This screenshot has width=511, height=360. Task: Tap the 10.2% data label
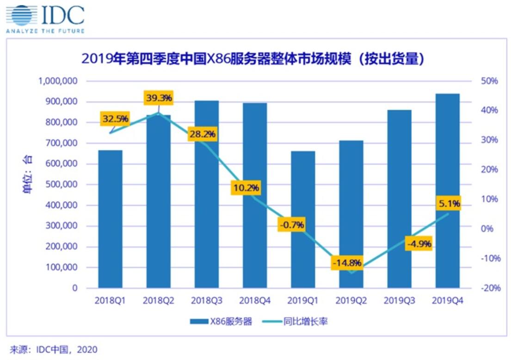[x=246, y=188]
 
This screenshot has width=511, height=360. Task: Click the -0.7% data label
[x=291, y=225]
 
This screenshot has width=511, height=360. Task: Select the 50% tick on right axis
[x=487, y=81]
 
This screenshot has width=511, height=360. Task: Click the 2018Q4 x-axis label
[x=255, y=301]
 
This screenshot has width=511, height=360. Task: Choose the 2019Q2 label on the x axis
[x=351, y=301]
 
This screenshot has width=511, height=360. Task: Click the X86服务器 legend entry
[x=221, y=322]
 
